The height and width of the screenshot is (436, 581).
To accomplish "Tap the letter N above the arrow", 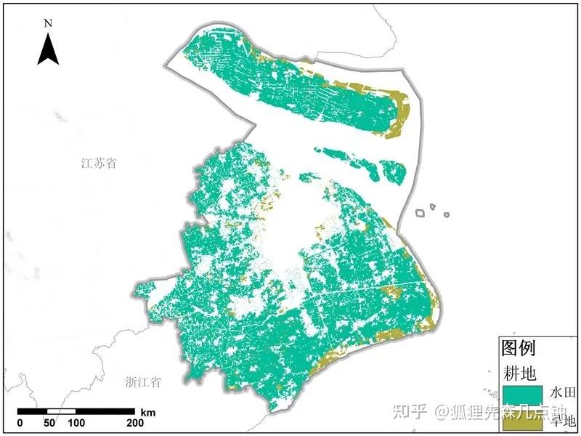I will (x=48, y=23).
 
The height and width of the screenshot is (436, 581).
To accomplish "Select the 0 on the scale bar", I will (x=20, y=423).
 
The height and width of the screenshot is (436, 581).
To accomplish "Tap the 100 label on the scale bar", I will (x=77, y=423).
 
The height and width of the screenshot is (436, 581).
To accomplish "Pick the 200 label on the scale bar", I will (x=135, y=423).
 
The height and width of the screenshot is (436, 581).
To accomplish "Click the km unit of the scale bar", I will (x=148, y=412).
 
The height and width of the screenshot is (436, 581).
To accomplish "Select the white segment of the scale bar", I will (x=62, y=412).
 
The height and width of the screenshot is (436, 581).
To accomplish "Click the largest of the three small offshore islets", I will (x=420, y=214).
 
